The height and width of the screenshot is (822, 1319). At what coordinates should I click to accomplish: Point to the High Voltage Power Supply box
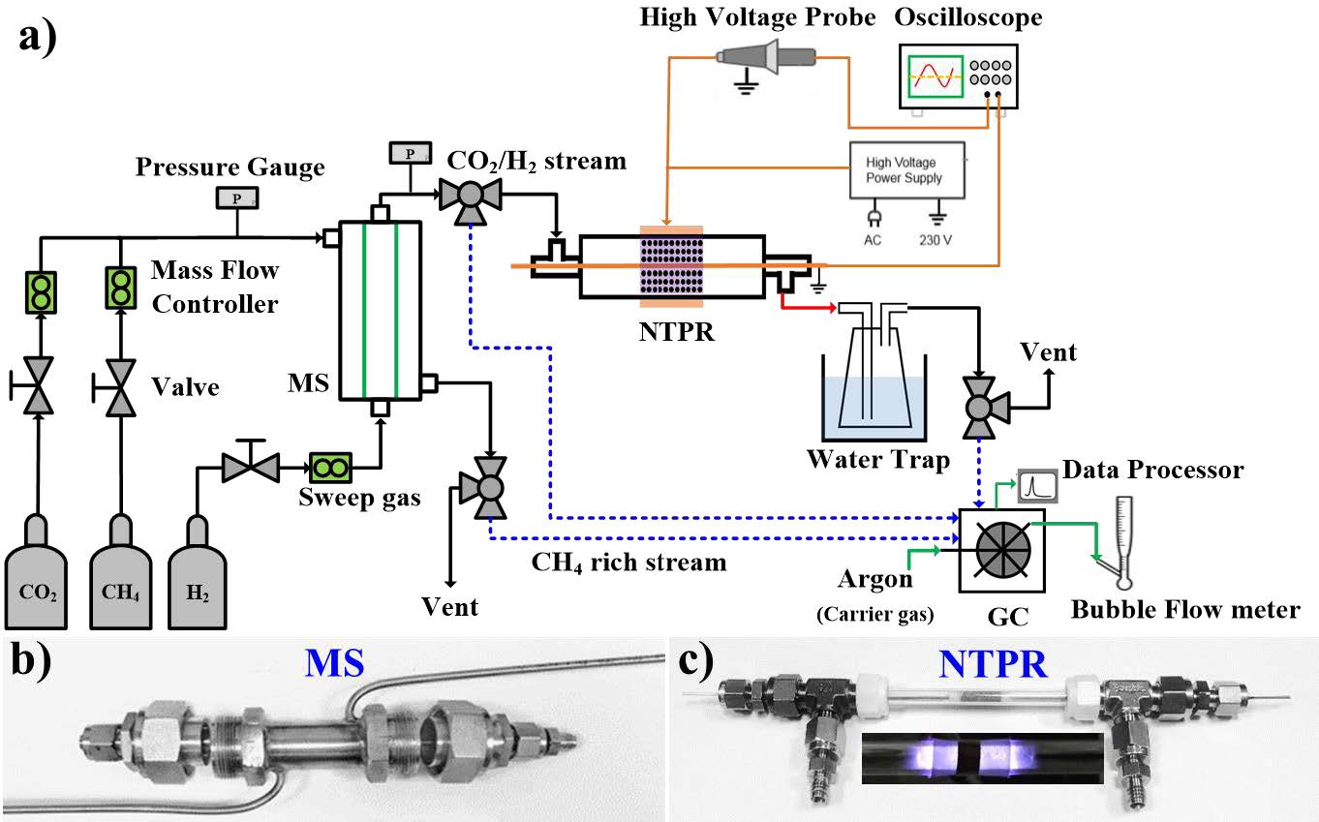[905, 171]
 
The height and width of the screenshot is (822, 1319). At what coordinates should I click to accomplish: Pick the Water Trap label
[878, 459]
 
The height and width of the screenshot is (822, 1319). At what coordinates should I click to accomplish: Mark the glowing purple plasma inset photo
[980, 758]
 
